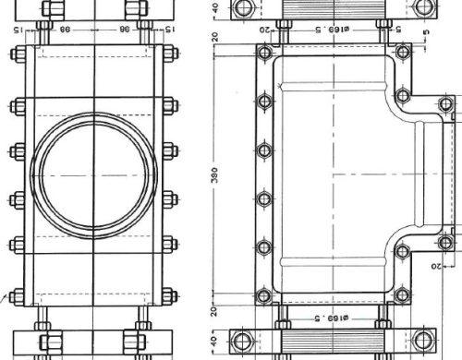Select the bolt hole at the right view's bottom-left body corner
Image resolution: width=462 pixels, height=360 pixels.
click(263, 296)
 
